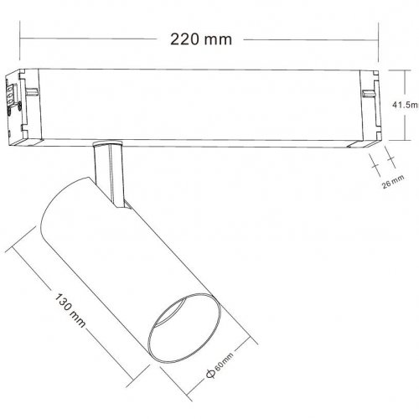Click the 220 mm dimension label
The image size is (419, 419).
tap(200, 38)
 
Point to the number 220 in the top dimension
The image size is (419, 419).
tap(187, 38)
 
